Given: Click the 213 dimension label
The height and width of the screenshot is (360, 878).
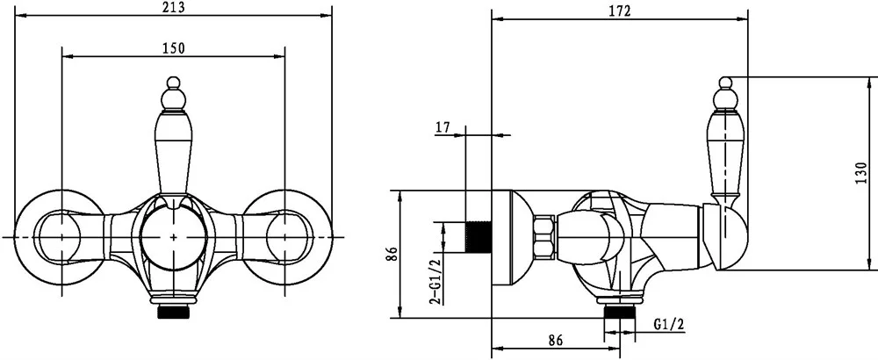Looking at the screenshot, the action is click(173, 7).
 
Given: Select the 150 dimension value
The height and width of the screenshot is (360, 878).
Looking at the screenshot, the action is click(174, 48).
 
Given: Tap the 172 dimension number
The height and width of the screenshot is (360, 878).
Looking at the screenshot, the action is click(620, 11).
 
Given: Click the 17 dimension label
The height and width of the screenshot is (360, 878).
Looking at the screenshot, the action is click(443, 127).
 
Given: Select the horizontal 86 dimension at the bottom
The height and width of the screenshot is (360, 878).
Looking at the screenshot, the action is click(555, 340).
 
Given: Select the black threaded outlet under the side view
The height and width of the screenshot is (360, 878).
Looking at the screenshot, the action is click(620, 312).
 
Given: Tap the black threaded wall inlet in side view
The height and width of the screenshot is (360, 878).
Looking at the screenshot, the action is click(479, 235).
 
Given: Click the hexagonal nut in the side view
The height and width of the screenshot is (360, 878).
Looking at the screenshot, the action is click(544, 237).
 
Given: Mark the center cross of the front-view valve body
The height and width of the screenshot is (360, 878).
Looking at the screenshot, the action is click(174, 237).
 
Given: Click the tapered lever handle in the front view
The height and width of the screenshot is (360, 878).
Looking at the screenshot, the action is click(173, 151).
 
